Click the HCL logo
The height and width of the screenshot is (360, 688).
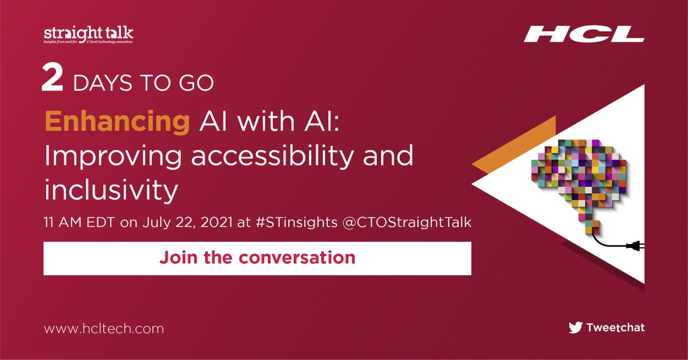(583, 34)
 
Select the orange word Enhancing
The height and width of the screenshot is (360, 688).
(117, 123)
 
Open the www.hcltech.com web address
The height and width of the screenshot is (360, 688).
(104, 329)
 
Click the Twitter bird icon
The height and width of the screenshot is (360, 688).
(575, 328)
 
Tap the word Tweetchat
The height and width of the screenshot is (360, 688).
(615, 328)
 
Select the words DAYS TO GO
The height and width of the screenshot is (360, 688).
(143, 83)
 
